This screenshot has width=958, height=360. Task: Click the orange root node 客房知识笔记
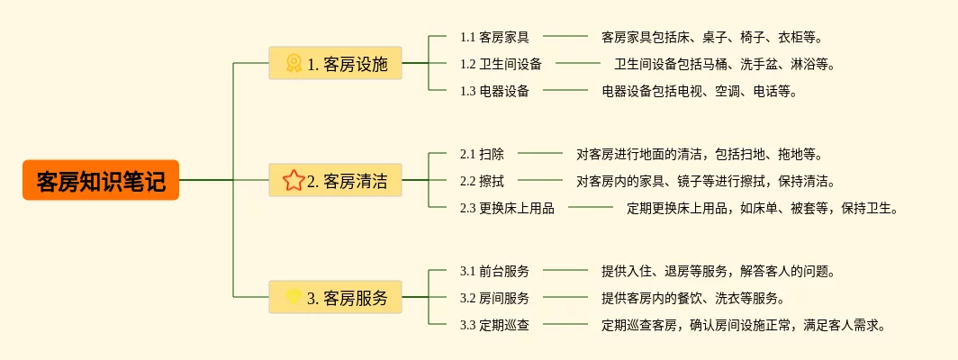click(x=101, y=180)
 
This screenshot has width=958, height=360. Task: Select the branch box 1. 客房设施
click(x=335, y=63)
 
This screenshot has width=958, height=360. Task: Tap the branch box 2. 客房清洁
click(x=335, y=180)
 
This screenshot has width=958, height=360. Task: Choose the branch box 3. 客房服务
click(x=335, y=297)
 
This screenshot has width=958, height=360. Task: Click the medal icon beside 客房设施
click(x=294, y=63)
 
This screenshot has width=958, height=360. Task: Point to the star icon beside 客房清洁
click(x=294, y=180)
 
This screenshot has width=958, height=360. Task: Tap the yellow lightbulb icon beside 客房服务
click(x=294, y=296)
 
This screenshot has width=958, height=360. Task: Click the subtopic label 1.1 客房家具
click(x=494, y=37)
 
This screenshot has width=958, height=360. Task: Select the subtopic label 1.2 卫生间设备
click(x=501, y=64)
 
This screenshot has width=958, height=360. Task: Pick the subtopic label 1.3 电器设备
click(x=494, y=91)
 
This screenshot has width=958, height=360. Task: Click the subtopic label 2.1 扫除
click(x=482, y=154)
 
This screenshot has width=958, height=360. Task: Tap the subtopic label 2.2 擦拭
click(x=482, y=181)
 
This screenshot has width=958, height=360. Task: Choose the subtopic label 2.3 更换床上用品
click(x=507, y=208)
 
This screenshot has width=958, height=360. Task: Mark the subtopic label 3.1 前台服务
click(x=494, y=271)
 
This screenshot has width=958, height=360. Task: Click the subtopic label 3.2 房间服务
click(x=494, y=298)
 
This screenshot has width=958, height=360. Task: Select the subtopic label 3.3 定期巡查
click(x=494, y=325)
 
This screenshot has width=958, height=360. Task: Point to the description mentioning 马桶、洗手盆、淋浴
click(x=725, y=64)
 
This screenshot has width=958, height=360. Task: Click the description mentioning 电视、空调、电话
click(x=700, y=91)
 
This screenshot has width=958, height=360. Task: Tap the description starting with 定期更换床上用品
click(x=763, y=208)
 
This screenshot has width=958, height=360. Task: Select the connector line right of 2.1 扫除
click(x=540, y=154)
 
